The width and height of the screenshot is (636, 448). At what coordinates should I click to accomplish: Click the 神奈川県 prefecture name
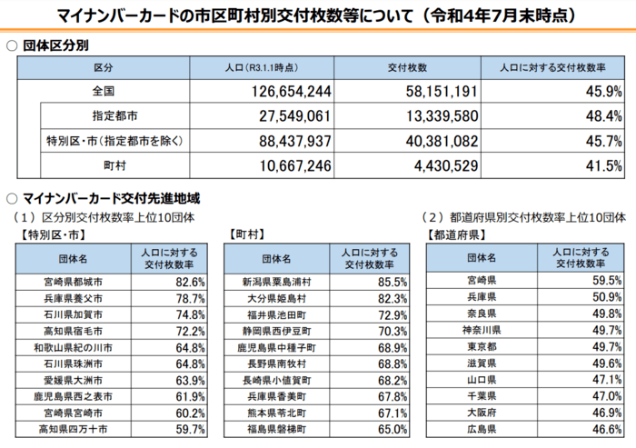tap(482, 329)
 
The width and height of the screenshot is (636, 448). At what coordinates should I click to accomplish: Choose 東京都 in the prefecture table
tap(482, 345)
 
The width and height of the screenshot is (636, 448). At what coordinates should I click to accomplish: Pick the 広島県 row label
tap(482, 427)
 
